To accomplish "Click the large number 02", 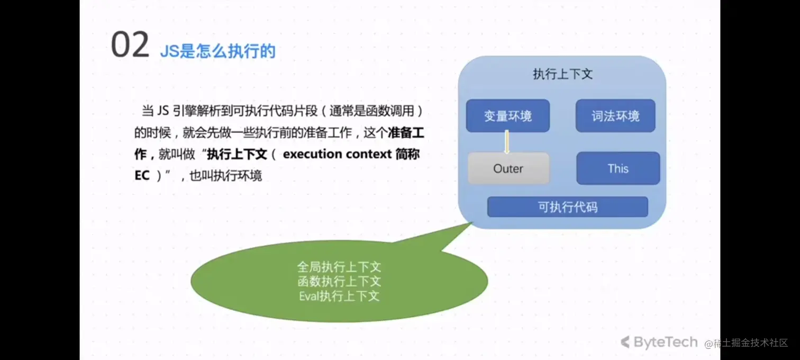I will click(130, 46).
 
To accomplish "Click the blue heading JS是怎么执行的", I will click(217, 51).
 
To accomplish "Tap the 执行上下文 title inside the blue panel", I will click(562, 74).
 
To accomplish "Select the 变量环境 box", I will click(507, 116).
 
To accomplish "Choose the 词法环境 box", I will click(615, 116).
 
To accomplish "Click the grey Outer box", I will click(508, 169).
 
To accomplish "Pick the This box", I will click(618, 169).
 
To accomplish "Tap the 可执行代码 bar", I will click(567, 207).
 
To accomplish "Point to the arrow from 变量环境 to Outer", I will click(506, 142).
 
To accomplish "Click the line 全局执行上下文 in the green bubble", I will click(339, 267).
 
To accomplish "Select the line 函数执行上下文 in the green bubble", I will click(339, 281).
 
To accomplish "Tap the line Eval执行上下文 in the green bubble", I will click(339, 296).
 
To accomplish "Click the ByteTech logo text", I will click(666, 343).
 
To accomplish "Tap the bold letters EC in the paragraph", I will click(142, 175).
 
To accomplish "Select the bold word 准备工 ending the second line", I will click(406, 133).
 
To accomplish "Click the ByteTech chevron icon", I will click(625, 343).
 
